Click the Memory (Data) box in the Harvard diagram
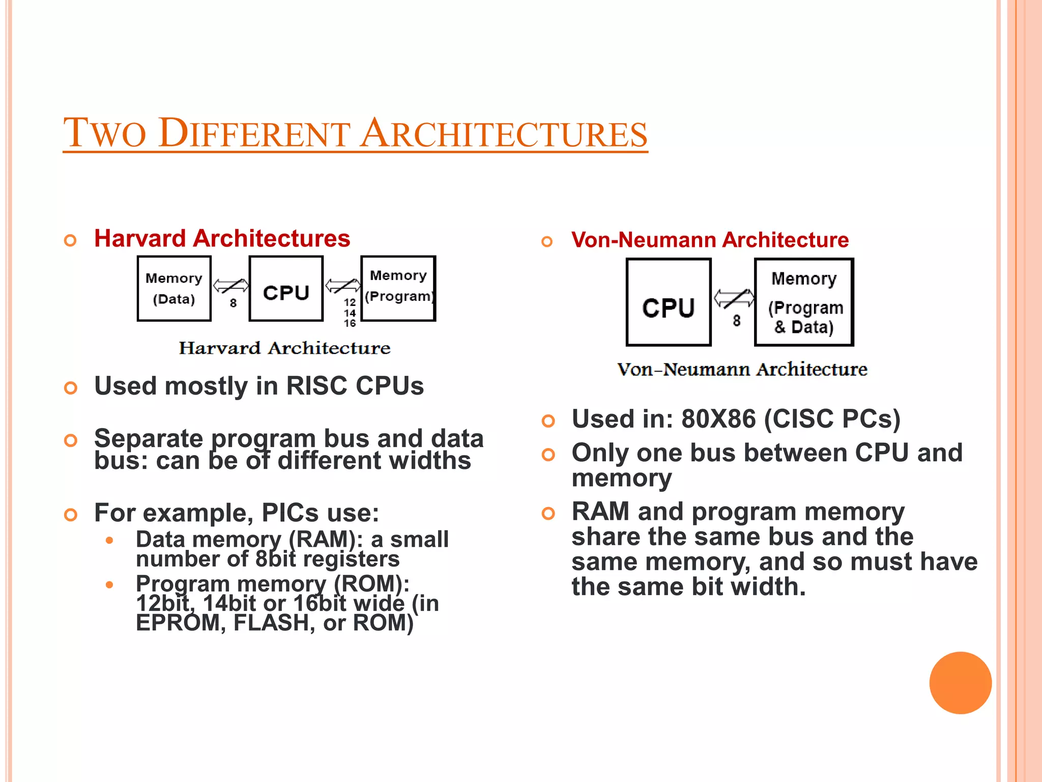pyautogui.click(x=174, y=289)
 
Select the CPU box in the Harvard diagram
pyautogui.click(x=286, y=289)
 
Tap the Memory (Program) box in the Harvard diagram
pyautogui.click(x=398, y=289)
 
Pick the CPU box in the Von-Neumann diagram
pyautogui.click(x=669, y=302)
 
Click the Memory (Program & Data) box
pyautogui.click(x=804, y=302)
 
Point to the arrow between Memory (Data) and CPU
pyautogui.click(x=230, y=286)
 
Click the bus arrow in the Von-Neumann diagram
pyautogui.click(x=734, y=298)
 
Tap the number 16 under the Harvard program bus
pyautogui.click(x=350, y=323)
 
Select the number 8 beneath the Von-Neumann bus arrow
pyautogui.click(x=736, y=321)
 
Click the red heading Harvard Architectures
pyautogui.click(x=222, y=239)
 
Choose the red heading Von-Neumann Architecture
pyautogui.click(x=710, y=240)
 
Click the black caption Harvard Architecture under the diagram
pyautogui.click(x=284, y=348)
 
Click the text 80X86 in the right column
pyautogui.click(x=718, y=419)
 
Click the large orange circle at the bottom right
pyautogui.click(x=960, y=683)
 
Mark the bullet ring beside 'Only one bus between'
pyautogui.click(x=548, y=454)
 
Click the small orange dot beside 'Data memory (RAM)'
pyautogui.click(x=109, y=540)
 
